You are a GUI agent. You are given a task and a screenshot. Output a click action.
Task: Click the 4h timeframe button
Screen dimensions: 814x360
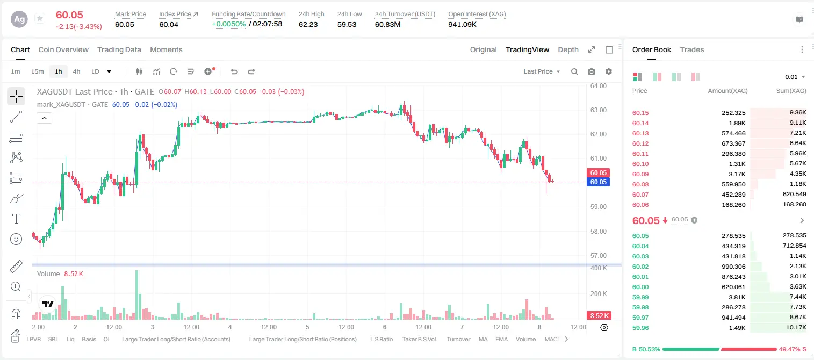click(76, 71)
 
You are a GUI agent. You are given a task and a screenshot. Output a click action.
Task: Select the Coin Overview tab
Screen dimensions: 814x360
click(63, 49)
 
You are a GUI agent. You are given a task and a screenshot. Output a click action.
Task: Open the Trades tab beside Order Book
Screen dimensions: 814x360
click(692, 49)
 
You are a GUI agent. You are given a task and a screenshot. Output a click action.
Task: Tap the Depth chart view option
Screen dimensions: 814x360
click(568, 49)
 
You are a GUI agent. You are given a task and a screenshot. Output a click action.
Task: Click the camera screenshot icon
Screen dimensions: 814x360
click(592, 71)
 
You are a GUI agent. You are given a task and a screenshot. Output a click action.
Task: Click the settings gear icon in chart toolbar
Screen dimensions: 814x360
click(609, 71)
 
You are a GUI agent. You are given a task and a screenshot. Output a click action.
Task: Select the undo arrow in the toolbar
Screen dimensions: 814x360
click(234, 71)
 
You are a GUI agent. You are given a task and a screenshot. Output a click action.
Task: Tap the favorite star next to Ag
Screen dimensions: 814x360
click(40, 18)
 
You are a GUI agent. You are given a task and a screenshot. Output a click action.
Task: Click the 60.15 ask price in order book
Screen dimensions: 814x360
click(640, 113)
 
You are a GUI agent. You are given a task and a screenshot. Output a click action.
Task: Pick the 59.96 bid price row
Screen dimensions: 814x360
click(640, 328)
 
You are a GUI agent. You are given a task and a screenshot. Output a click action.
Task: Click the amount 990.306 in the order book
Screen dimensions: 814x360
click(733, 267)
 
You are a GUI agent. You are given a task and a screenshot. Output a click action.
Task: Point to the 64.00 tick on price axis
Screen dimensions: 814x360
click(598, 86)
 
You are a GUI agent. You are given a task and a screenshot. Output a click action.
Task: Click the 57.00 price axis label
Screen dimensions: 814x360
click(598, 255)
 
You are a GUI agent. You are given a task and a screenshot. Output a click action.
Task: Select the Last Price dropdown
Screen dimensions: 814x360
click(542, 71)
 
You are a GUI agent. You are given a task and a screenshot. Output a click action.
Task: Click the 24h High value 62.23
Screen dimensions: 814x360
click(308, 24)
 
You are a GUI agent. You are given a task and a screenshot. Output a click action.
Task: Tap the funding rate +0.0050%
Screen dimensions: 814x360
click(228, 24)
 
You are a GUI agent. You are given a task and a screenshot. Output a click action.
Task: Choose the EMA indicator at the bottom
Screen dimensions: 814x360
click(501, 339)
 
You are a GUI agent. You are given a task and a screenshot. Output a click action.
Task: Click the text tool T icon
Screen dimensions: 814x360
click(16, 219)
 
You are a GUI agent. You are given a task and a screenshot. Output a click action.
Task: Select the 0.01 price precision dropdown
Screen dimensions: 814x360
click(795, 77)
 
